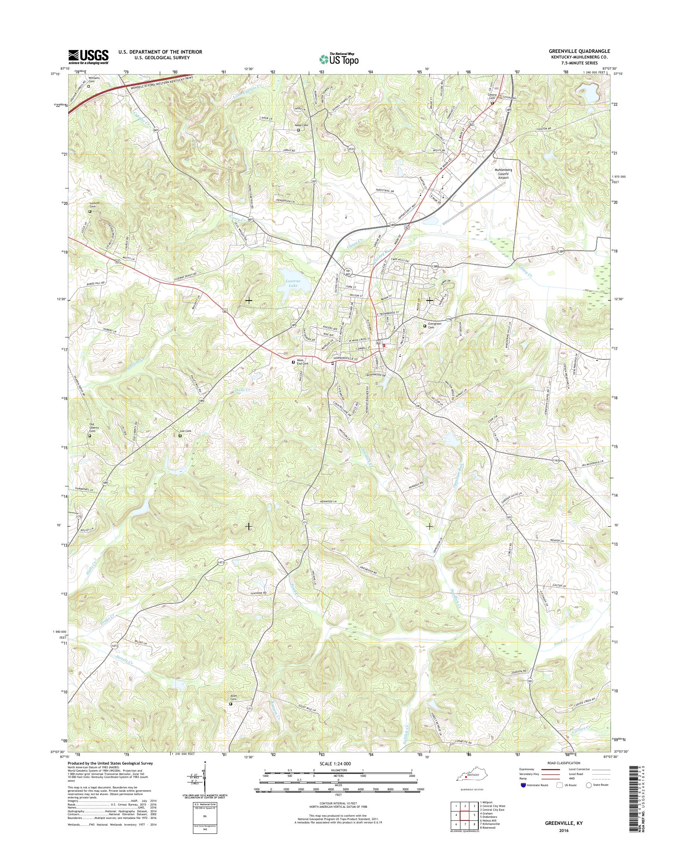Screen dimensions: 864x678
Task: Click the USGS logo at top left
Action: pyautogui.click(x=88, y=57)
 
